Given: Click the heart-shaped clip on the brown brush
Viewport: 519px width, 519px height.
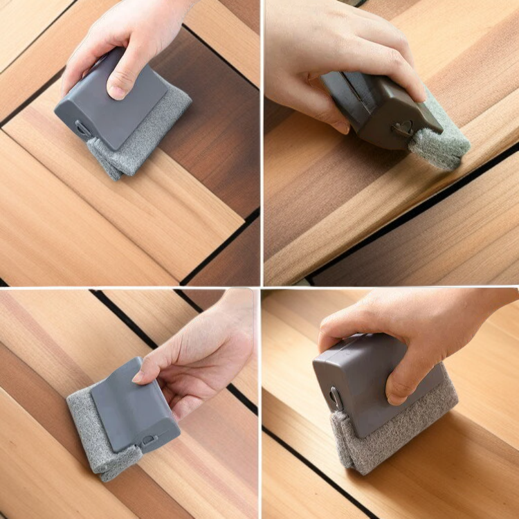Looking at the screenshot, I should [403, 127].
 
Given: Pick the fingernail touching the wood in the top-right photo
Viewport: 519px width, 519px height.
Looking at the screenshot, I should [341, 126].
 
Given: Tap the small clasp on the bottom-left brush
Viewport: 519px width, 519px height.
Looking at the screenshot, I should [147, 439].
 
